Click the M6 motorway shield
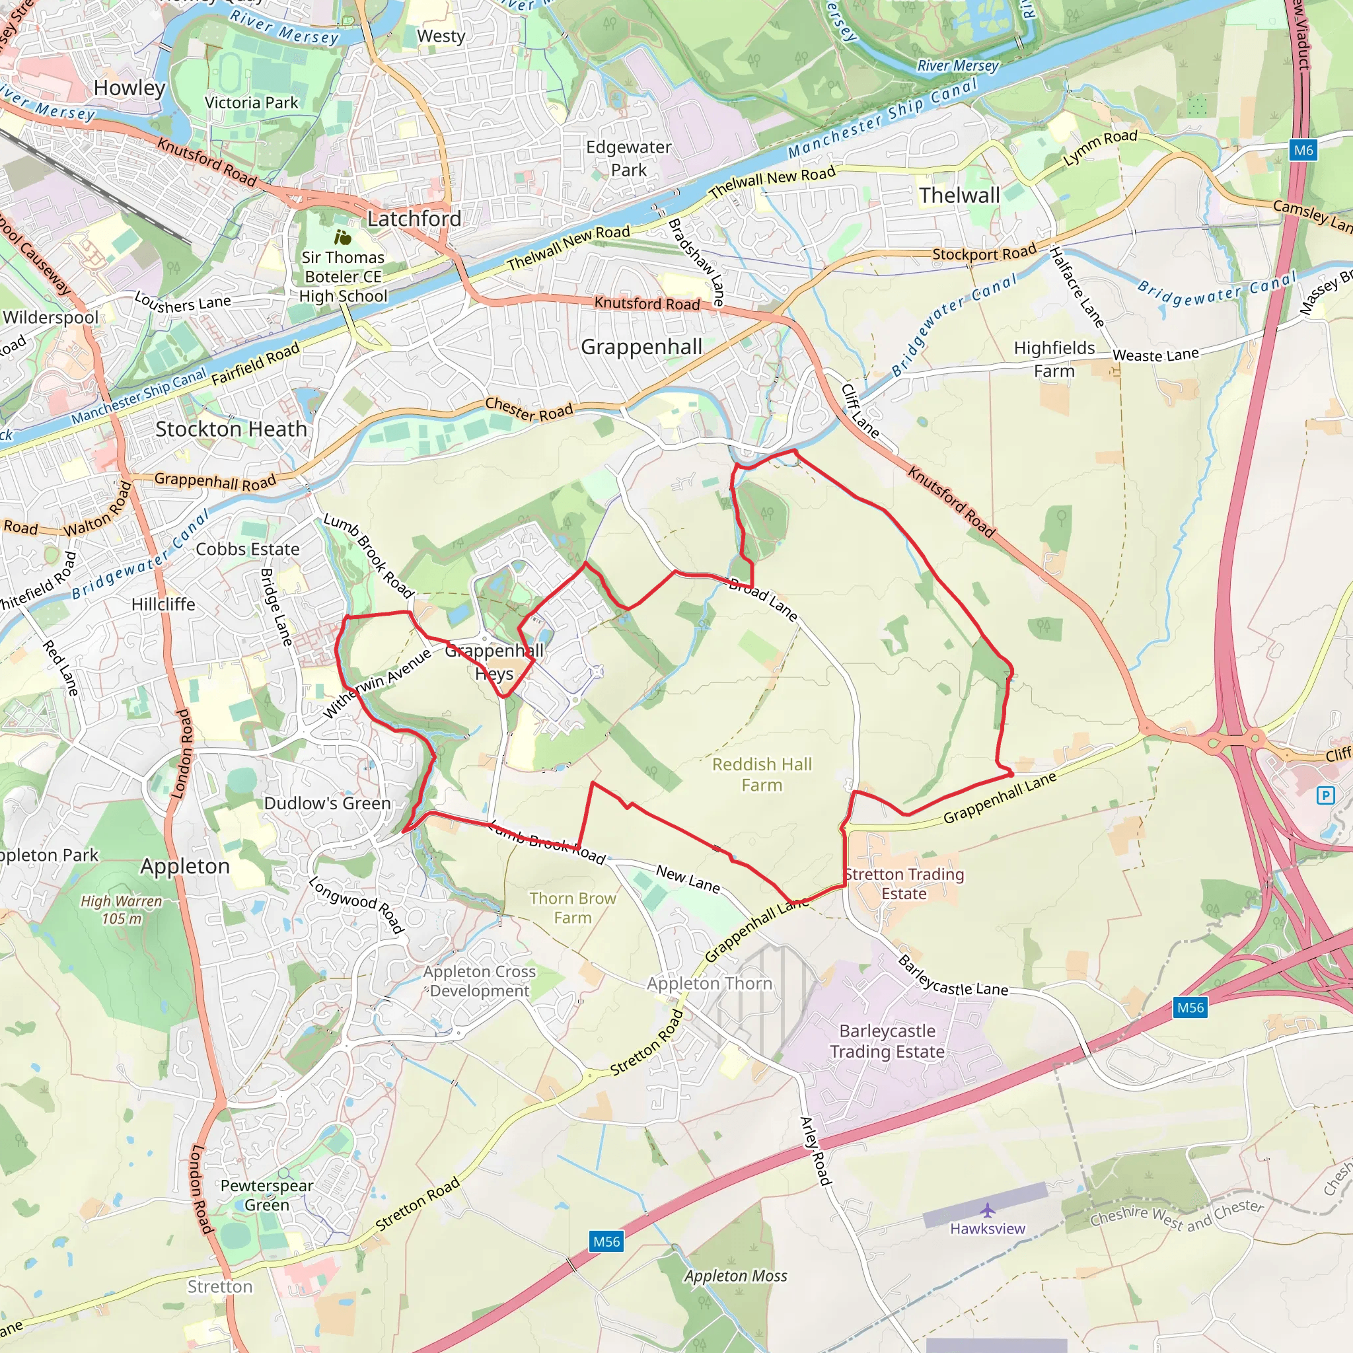click(x=1303, y=150)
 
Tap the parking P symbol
click(x=1325, y=795)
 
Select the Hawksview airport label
click(x=988, y=1228)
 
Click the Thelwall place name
click(x=959, y=196)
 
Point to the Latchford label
click(x=414, y=219)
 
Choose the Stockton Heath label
click(x=231, y=429)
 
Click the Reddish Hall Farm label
click(x=762, y=774)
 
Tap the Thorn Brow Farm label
click(x=572, y=908)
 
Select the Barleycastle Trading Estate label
click(x=887, y=1041)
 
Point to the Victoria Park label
click(x=252, y=102)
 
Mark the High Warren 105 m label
click(x=121, y=909)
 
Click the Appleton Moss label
click(x=735, y=1276)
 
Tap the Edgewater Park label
click(x=628, y=159)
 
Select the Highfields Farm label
click(x=1054, y=359)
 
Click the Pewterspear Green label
click(x=267, y=1194)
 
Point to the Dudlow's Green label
click(x=327, y=803)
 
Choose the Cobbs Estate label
click(x=247, y=549)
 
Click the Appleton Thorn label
click(x=709, y=983)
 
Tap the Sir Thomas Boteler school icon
click(x=342, y=237)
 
